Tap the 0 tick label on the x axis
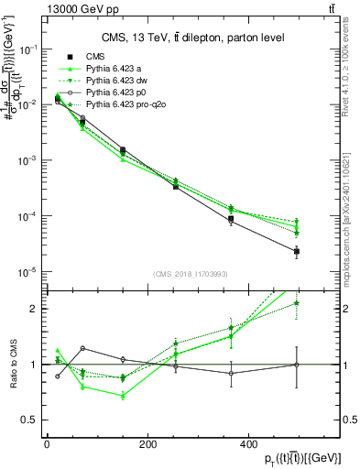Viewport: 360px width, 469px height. pyautogui.click(x=47, y=443)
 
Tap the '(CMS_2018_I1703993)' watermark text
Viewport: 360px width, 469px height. pyautogui.click(x=191, y=274)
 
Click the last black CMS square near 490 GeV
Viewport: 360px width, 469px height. pyautogui.click(x=296, y=251)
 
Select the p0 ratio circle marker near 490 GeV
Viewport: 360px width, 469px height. pyautogui.click(x=296, y=365)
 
